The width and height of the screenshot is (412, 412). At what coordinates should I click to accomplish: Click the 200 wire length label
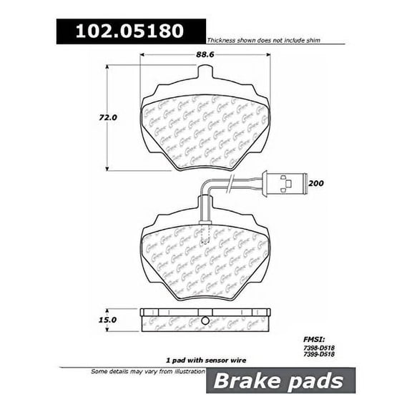coord(315,185)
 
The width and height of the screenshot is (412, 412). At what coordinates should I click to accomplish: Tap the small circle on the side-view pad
coord(204,319)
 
